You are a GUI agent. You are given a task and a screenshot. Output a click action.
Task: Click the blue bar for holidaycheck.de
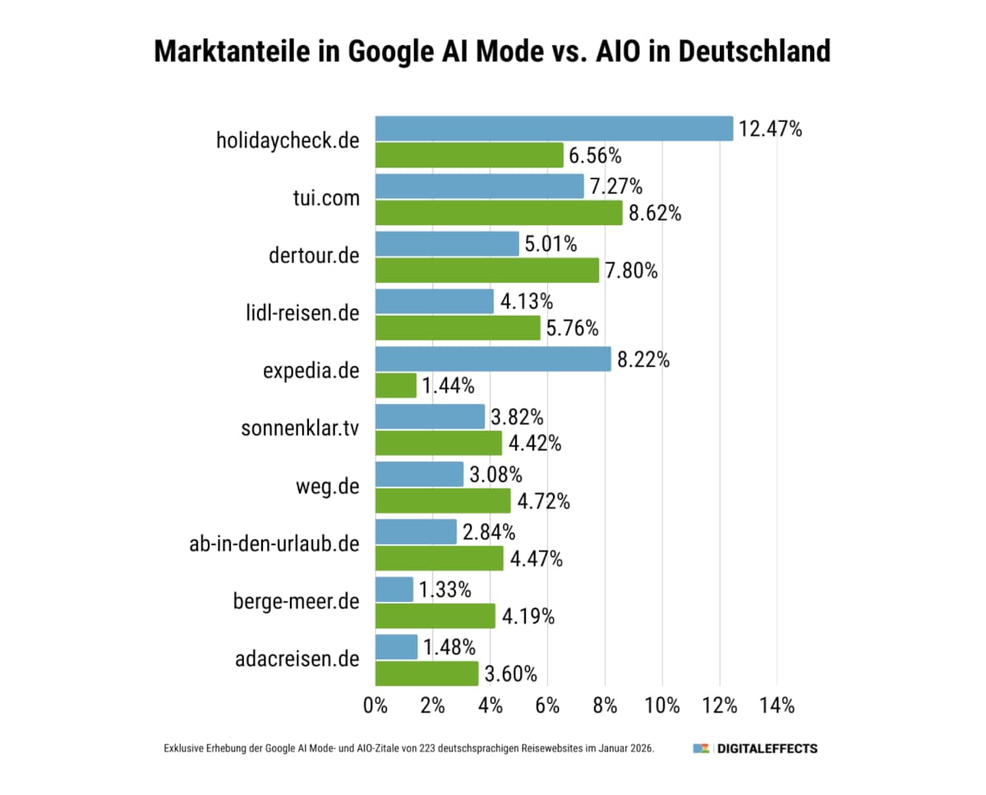pos(554,129)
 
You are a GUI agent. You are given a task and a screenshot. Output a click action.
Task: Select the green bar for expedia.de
pos(396,385)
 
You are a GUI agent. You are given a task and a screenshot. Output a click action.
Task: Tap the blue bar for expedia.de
pos(493,359)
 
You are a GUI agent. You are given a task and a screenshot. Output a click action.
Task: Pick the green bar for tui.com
pos(499,213)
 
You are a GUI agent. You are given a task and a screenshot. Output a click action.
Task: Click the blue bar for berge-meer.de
pos(394,589)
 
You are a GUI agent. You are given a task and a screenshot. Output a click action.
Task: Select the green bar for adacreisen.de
pos(426,673)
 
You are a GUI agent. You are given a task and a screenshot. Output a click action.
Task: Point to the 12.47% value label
pos(770,129)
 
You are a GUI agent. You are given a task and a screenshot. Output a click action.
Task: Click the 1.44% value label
pos(449,385)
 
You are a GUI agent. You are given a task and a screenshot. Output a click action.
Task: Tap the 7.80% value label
pos(631,270)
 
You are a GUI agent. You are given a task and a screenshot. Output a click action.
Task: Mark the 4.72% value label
pos(542,501)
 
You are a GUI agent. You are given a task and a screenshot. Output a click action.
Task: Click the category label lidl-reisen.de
pos(302,313)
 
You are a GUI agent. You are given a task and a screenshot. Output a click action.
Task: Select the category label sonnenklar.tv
pos(301,428)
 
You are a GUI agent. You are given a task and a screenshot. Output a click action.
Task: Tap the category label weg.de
pos(327,486)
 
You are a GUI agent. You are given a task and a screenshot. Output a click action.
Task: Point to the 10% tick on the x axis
pos(662,705)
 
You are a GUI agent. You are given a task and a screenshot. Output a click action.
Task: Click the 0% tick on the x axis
pos(376,705)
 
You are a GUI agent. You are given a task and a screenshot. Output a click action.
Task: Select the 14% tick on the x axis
pos(777,705)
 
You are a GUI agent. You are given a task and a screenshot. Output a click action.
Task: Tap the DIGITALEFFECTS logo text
pos(767,749)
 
